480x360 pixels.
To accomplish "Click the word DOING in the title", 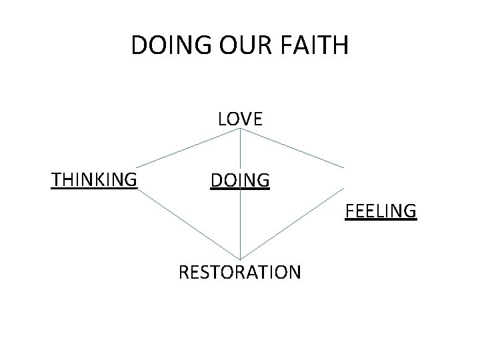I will pos(167,46).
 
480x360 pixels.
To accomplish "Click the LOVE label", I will pos(240,119).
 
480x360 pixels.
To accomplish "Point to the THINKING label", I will pos(94,179).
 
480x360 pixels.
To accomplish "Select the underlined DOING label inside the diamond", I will pos(240,180).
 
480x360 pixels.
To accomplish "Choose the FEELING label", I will pos(381,212).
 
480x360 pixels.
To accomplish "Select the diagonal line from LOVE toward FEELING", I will pos(293,147).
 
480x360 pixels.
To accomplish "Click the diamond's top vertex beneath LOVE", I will pos(240,129).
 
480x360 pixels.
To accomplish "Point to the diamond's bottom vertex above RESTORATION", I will pos(240,259).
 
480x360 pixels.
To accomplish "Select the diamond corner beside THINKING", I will pos(138,167).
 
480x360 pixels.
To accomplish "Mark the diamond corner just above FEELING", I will pos(345,167).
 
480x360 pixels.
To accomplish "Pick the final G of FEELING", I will pos(411,212).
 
